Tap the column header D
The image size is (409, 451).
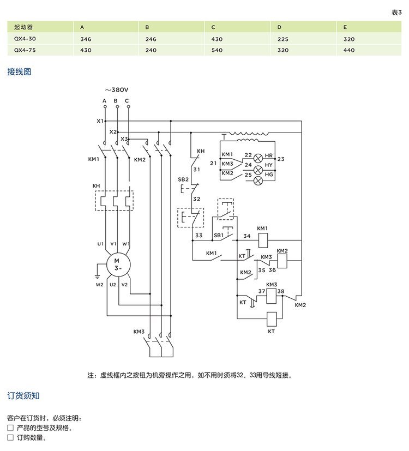279,27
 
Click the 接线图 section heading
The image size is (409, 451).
19,71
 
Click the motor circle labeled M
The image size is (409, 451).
116,265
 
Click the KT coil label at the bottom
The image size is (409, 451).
271,331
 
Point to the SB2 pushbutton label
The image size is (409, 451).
183,179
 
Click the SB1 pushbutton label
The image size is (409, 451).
219,235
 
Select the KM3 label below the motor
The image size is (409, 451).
139,331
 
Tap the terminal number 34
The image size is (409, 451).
246,236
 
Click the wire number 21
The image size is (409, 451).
213,163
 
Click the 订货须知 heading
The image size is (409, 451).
23,395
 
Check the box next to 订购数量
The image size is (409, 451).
10,437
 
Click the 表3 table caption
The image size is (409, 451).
396,12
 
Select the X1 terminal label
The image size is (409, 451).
100,121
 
